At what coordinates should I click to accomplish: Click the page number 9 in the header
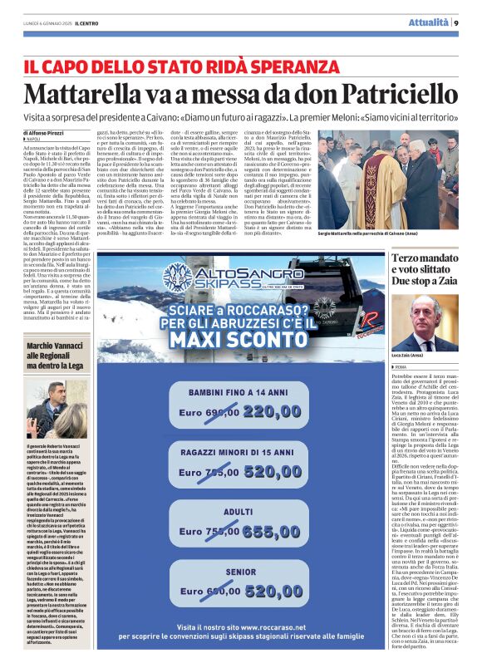click(x=456, y=22)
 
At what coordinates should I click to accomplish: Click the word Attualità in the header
click(x=429, y=22)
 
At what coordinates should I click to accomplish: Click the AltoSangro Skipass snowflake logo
click(x=178, y=276)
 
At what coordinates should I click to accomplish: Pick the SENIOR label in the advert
click(x=240, y=572)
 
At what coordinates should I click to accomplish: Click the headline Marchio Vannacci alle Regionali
click(x=57, y=355)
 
